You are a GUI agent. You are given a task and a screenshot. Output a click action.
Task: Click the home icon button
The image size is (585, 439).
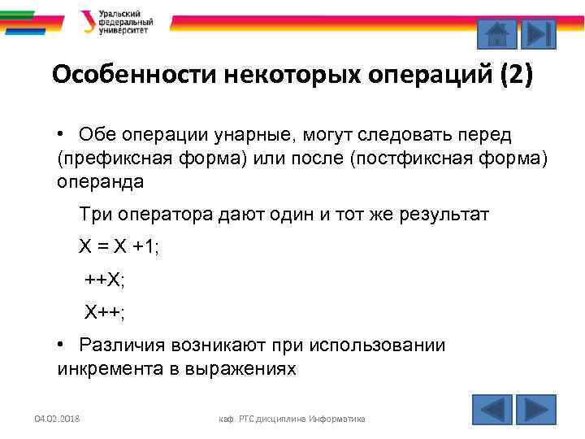pos(495,35)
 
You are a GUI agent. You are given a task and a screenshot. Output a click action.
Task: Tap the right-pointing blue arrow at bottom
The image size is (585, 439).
pos(536,409)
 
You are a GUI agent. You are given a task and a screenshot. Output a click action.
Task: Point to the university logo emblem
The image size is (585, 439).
pos(87,21)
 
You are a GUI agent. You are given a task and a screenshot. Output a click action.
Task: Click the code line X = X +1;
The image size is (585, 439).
pos(119,247)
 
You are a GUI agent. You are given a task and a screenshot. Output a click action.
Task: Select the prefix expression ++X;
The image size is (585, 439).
pos(106,280)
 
